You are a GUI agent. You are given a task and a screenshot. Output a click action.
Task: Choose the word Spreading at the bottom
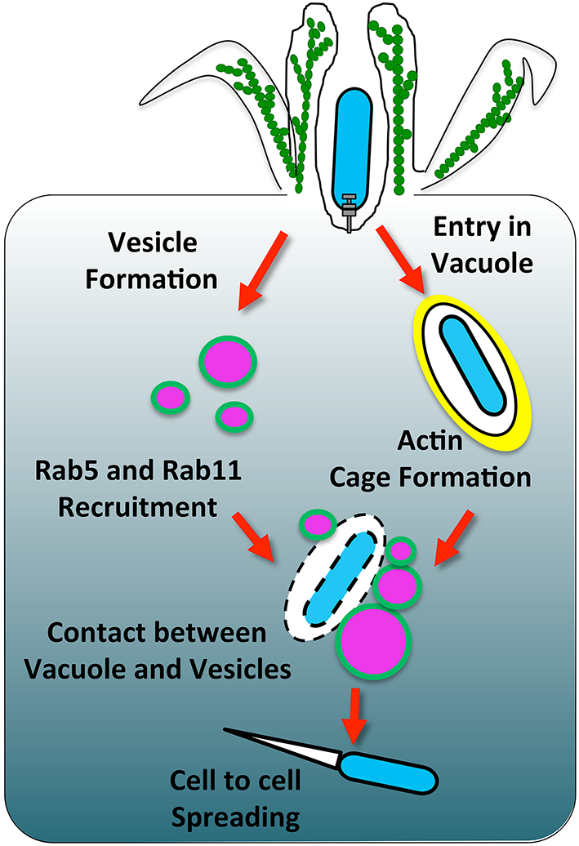pyautogui.click(x=235, y=816)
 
